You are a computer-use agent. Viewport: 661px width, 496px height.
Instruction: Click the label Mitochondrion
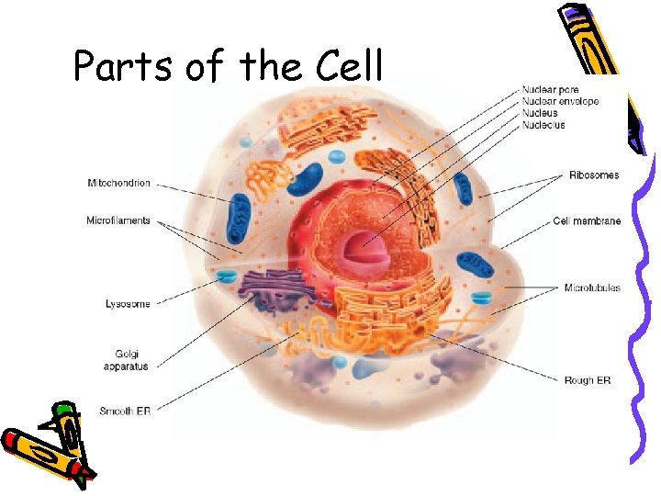pos(118,183)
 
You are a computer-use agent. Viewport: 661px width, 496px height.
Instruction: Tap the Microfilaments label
pos(118,220)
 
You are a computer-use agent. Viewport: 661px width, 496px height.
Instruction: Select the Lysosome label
pos(128,303)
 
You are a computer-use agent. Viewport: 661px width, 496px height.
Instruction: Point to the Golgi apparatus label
pos(126,360)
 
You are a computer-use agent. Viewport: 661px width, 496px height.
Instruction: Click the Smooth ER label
pos(126,411)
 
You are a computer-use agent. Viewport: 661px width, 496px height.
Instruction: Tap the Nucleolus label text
pos(543,124)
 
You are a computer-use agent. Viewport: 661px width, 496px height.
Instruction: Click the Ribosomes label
pos(594,175)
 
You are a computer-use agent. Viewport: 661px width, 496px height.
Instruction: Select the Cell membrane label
pos(587,221)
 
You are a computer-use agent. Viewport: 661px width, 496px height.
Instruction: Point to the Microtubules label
pos(592,287)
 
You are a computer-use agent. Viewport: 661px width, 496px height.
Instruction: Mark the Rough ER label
pos(588,379)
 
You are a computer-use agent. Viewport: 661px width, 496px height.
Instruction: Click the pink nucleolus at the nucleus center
pos(354,248)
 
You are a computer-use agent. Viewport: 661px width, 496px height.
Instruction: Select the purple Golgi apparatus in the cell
pos(275,294)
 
